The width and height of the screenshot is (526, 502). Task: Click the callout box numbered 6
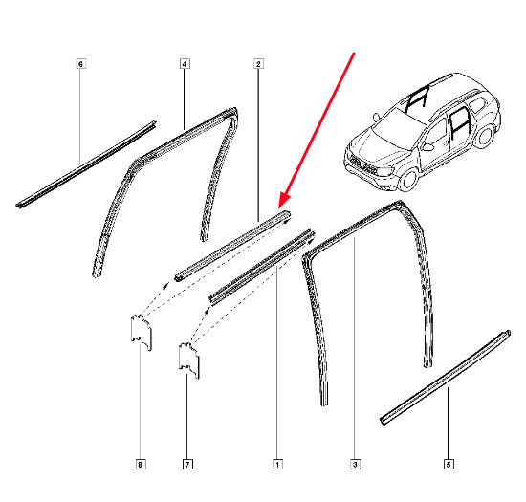click(x=80, y=64)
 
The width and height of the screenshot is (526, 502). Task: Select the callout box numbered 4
click(x=185, y=64)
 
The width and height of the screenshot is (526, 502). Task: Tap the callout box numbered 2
click(x=258, y=64)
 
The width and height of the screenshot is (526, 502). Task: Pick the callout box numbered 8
click(x=141, y=465)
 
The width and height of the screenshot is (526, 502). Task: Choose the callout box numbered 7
click(x=187, y=465)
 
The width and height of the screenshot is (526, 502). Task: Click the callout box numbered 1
click(x=277, y=465)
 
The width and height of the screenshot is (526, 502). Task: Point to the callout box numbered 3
click(x=355, y=465)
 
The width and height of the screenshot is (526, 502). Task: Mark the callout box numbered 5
click(x=449, y=465)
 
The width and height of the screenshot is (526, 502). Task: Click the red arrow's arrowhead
click(x=284, y=202)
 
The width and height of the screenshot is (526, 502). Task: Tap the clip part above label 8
click(x=141, y=332)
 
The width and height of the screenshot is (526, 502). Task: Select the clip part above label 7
click(x=188, y=360)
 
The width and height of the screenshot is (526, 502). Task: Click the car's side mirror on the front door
click(x=427, y=147)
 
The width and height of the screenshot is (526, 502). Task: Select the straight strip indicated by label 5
click(x=446, y=378)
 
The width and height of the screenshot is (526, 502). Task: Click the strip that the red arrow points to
click(x=232, y=245)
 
